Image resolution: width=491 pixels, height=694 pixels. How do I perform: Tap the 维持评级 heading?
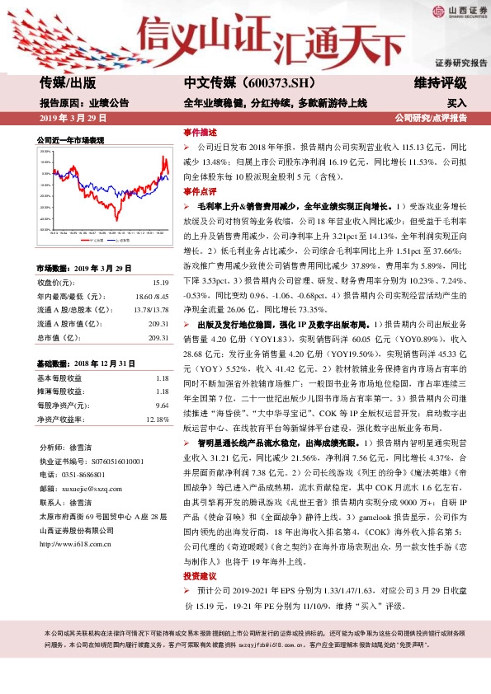click(x=441, y=83)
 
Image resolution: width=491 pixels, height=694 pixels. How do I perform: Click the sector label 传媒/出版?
click(x=68, y=83)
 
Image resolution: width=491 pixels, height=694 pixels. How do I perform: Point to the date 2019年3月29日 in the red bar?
click(x=73, y=119)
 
